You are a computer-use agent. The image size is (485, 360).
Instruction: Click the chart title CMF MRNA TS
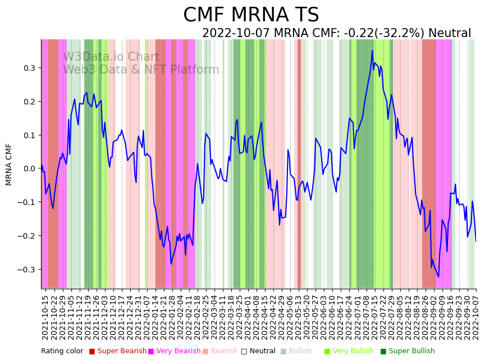tap(251, 15)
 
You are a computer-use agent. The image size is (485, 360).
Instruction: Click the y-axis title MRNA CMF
tap(9, 164)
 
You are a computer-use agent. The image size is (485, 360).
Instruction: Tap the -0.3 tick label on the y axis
tap(26, 270)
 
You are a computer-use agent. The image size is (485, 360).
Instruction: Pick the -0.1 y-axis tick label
tap(26, 202)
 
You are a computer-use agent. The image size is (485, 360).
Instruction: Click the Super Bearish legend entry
tap(118, 352)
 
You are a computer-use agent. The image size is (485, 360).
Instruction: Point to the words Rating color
tap(62, 352)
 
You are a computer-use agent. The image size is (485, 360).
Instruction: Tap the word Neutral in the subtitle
tap(450, 34)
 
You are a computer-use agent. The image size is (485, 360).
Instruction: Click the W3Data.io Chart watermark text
tap(111, 57)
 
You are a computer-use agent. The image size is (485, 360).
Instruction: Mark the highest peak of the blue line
tap(372, 51)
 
